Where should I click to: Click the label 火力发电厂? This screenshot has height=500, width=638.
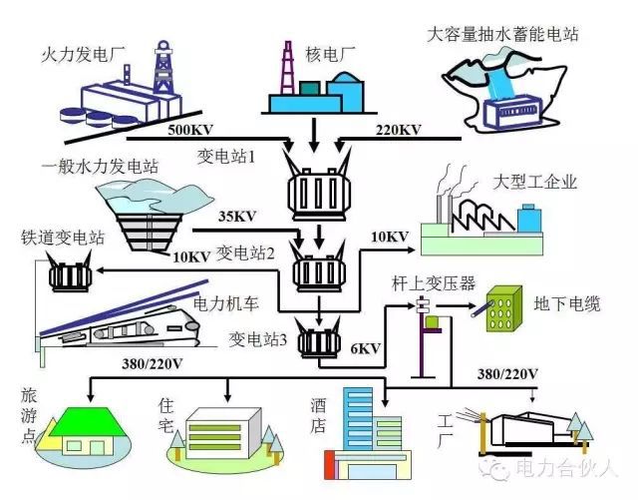tap(82, 51)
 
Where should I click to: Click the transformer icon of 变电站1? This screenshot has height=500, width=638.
tap(314, 184)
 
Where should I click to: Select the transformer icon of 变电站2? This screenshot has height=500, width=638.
tap(315, 268)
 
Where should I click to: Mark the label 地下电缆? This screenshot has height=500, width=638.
tap(567, 302)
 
